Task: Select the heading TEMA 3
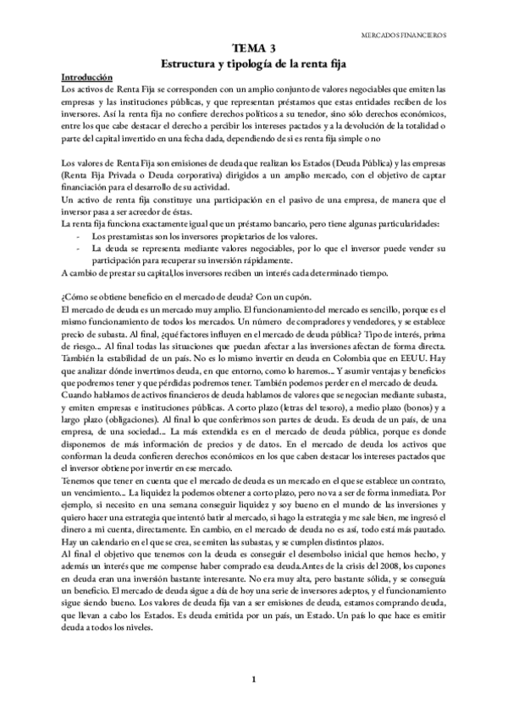254,50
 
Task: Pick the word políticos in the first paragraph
270,113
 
